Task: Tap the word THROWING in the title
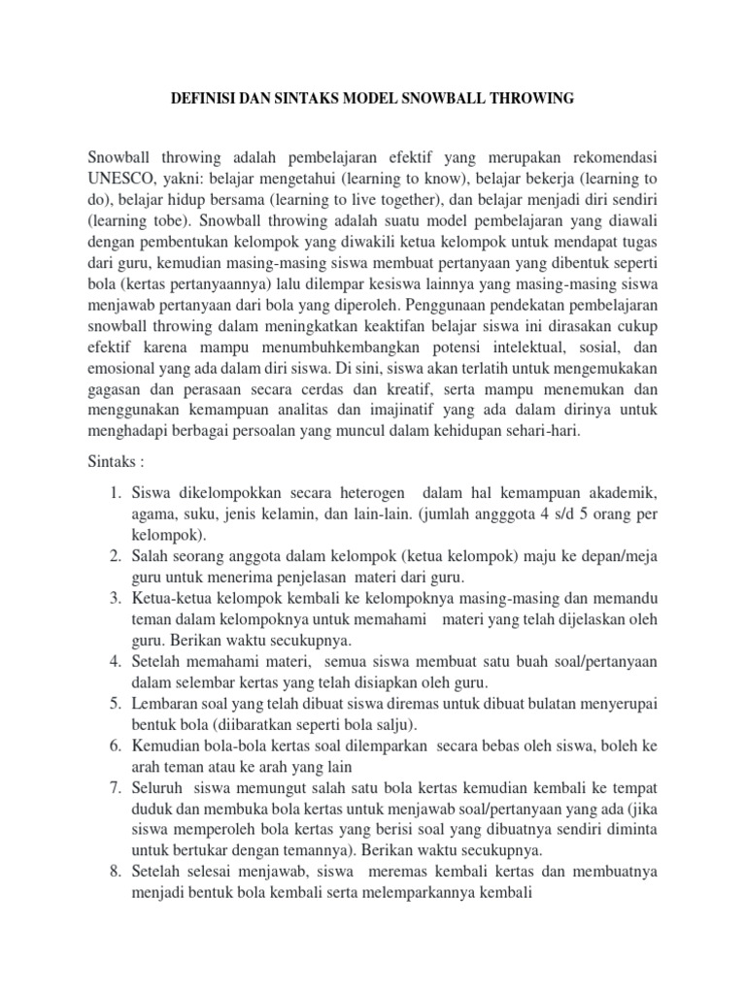click(531, 98)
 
